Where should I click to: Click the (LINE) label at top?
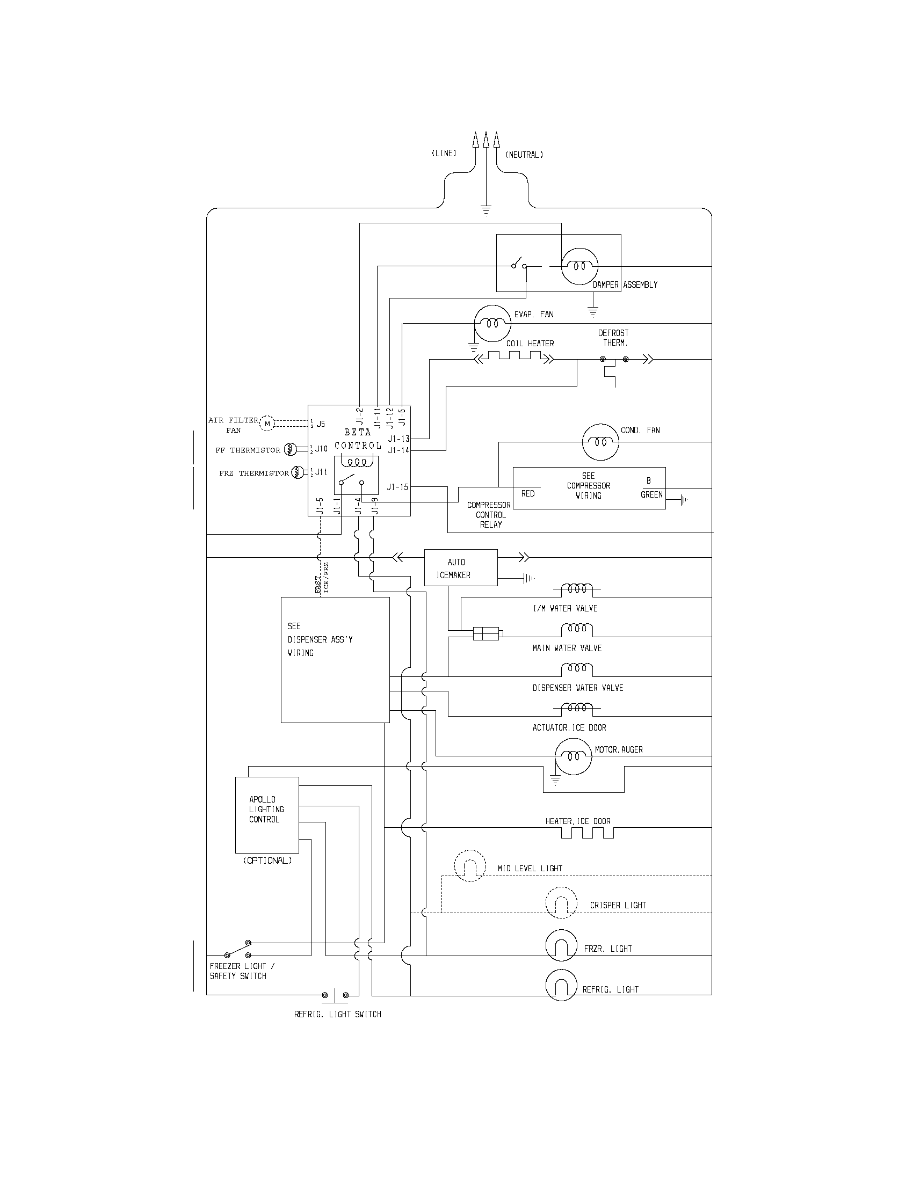pos(444,154)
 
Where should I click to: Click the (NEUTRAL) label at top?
pos(524,155)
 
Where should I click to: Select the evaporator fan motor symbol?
pos(492,323)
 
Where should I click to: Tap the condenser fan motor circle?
pos(600,442)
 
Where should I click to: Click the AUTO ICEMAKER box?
pos(460,568)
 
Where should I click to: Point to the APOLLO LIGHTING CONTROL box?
pos(267,815)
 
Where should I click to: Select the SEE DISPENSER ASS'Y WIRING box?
pos(335,659)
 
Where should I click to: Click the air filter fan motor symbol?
pos(267,424)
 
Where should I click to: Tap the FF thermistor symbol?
pos(290,449)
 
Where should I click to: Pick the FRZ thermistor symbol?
pos(298,472)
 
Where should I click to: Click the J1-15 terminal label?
pos(397,487)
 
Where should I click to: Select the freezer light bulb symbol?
pos(561,945)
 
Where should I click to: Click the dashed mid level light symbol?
pos(469,866)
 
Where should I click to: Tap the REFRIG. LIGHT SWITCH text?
pos(337,1015)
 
